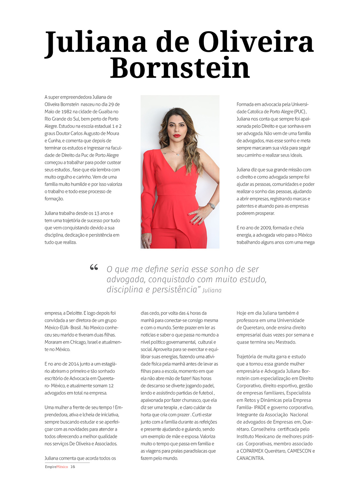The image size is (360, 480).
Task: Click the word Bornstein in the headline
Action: click(x=180, y=68)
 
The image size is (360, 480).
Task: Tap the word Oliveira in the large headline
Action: click(x=256, y=42)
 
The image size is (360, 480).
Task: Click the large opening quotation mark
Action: click(x=94, y=267)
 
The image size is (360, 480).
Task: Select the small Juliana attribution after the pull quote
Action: click(x=212, y=291)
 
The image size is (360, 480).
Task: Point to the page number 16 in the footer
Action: click(x=73, y=467)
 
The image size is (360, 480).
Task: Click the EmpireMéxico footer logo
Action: click(x=56, y=467)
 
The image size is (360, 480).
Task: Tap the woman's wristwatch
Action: click(x=212, y=206)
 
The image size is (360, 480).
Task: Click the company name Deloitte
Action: click(x=74, y=313)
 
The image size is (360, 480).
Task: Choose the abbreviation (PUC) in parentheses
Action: click(x=300, y=112)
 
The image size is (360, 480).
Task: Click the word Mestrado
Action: click(x=284, y=342)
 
